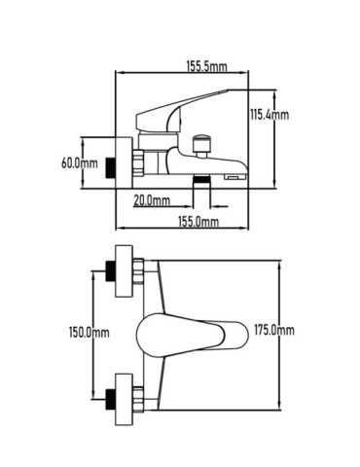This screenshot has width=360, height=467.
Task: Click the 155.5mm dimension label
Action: coord(206,67)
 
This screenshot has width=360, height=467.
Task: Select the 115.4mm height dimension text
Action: coord(270,115)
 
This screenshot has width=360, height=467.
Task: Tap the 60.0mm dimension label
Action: coord(80,162)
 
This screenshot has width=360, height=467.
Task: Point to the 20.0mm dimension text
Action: coord(152,200)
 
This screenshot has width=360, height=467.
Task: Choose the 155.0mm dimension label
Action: coord(198,222)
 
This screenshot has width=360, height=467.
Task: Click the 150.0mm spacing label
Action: coord(90,333)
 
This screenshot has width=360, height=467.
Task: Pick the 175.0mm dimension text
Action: coord(274,330)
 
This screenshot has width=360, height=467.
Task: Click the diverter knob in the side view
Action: coord(201,144)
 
